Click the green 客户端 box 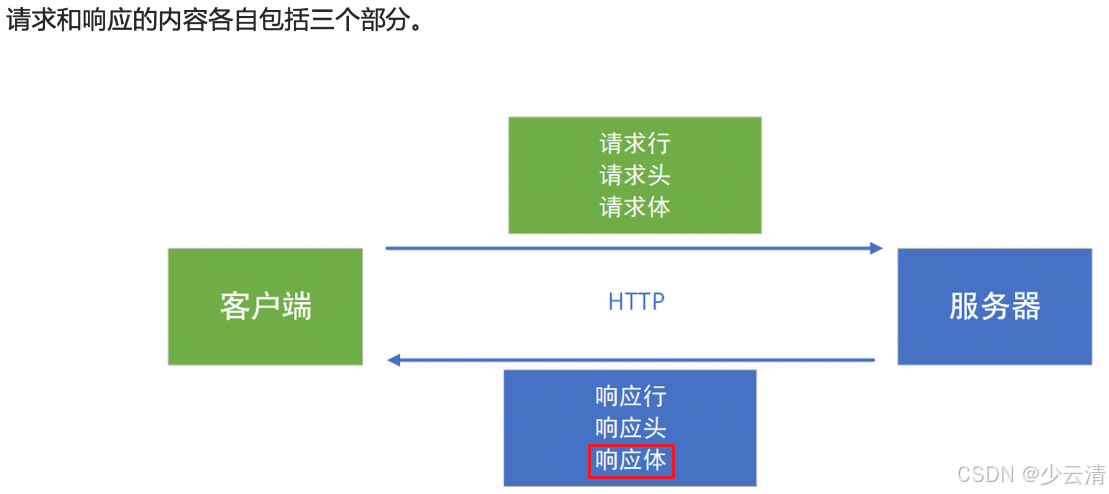265,306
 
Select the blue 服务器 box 994,306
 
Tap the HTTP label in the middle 636,302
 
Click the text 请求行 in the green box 635,144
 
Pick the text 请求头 635,176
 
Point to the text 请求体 635,207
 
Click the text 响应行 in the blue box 630,397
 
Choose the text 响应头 630,428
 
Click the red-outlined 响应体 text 631,461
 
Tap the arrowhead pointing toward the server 876,248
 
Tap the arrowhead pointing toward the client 394,360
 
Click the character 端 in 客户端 297,306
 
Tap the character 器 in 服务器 1025,306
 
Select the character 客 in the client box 235,306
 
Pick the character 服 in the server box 964,306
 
